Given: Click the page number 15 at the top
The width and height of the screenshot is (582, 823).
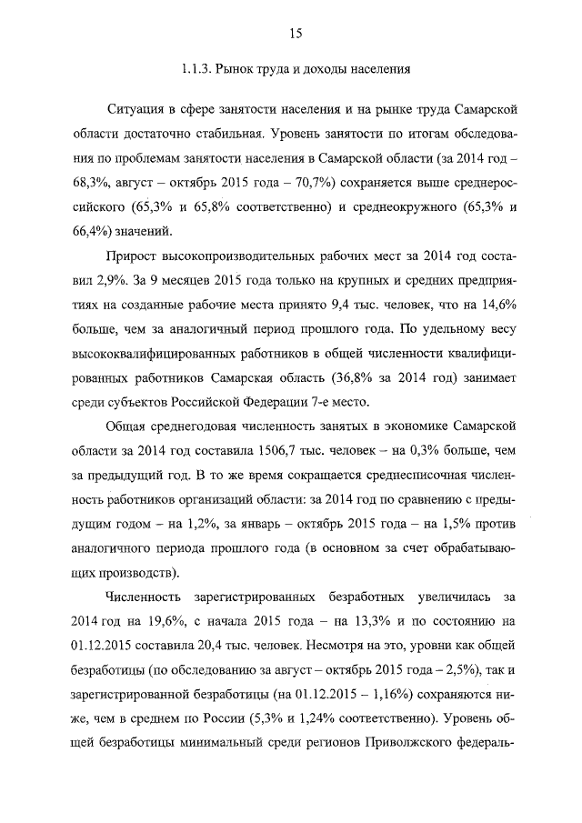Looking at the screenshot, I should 295,34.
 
